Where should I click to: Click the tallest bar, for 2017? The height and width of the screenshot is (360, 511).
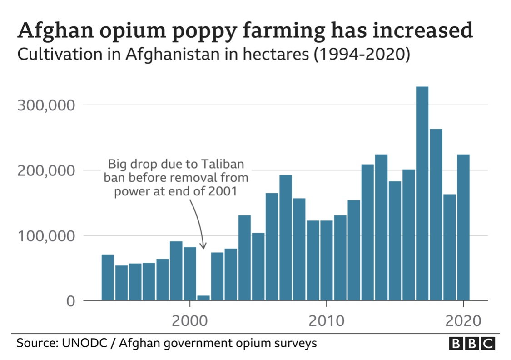coord(422,193)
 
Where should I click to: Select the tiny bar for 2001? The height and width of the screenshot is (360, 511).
coord(203,298)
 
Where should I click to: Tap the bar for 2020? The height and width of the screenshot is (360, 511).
coord(463,227)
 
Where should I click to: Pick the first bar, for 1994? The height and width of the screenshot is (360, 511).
coord(108,277)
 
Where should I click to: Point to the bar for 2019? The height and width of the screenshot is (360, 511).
coord(449,247)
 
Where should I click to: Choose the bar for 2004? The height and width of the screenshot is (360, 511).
coord(244,257)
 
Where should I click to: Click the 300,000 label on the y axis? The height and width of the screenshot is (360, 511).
coord(45,105)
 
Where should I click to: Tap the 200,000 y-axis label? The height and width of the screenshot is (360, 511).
coord(45,170)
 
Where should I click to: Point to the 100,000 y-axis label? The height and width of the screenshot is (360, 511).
coord(45,236)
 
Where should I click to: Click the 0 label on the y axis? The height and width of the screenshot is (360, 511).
coord(70,301)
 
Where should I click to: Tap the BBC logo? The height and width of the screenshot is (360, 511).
coord(471,343)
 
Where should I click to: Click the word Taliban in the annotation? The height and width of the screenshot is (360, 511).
coord(225,164)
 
